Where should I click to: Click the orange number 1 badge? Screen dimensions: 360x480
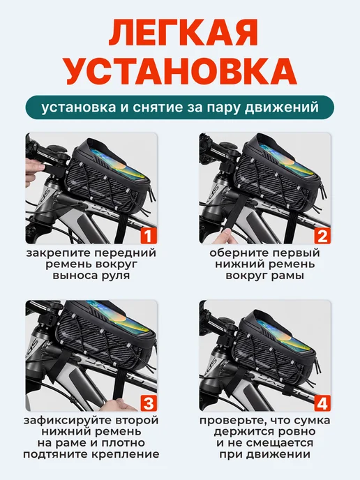[149, 236]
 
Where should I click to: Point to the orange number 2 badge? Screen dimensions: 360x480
[322, 236]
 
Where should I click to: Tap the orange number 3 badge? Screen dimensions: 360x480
[149, 403]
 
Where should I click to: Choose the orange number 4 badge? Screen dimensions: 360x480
[322, 403]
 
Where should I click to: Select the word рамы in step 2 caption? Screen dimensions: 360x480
[287, 276]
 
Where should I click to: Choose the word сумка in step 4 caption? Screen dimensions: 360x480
[313, 421]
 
